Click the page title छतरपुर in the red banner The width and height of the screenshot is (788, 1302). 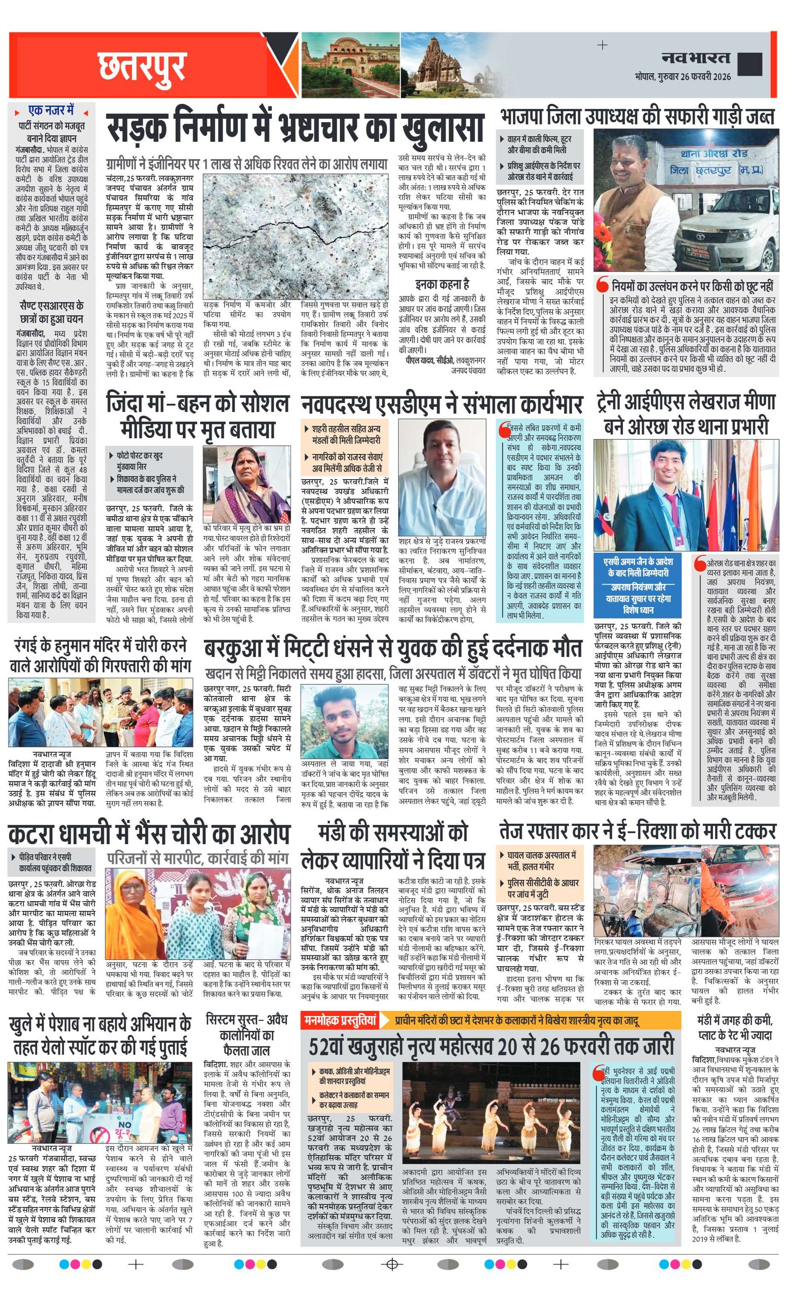pyautogui.click(x=141, y=66)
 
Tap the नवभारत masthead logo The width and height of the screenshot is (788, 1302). pyautogui.click(x=695, y=58)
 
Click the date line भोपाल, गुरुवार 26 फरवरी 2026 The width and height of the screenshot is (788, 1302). pyautogui.click(x=682, y=77)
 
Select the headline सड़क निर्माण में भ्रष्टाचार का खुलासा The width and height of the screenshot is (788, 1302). pyautogui.click(x=295, y=128)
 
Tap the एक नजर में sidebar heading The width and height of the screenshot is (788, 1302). pyautogui.click(x=51, y=111)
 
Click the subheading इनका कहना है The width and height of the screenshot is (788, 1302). pyautogui.click(x=442, y=284)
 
